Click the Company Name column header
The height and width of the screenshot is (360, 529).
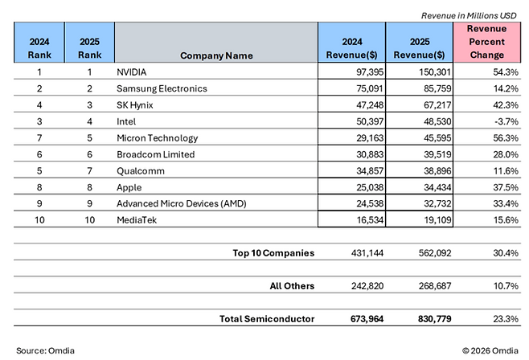216,55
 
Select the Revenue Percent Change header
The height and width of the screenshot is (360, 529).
487,42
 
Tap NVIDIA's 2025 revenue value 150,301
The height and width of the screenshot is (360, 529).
434,72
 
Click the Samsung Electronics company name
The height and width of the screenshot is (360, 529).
162,88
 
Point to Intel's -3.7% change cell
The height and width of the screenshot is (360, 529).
506,121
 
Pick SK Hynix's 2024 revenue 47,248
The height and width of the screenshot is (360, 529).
370,105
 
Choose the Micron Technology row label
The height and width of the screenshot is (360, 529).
158,138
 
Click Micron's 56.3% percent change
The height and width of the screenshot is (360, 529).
506,138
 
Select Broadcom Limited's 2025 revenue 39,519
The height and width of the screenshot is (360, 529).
437,154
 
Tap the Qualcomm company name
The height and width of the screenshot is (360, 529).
141,171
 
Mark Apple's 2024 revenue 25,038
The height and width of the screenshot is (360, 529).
370,187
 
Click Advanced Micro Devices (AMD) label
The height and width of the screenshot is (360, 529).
182,203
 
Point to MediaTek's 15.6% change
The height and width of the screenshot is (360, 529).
506,220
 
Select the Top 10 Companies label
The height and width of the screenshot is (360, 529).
273,253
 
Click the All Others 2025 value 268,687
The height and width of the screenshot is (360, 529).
435,286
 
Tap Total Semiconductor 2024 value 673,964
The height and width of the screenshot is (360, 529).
367,319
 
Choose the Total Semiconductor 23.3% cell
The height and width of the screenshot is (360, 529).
506,319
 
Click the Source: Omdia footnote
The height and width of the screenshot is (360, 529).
45,350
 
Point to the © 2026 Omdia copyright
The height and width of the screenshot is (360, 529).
490,350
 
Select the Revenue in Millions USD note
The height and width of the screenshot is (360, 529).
469,15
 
